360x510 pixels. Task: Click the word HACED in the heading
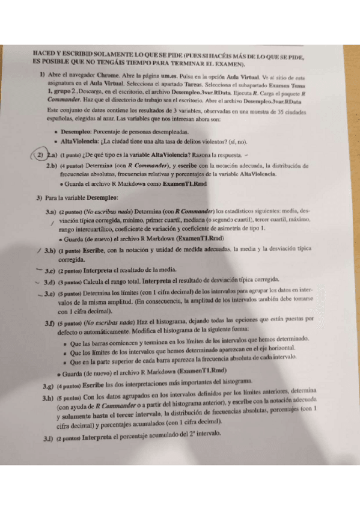(x=43, y=55)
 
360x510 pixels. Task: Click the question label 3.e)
(x=52, y=293)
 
